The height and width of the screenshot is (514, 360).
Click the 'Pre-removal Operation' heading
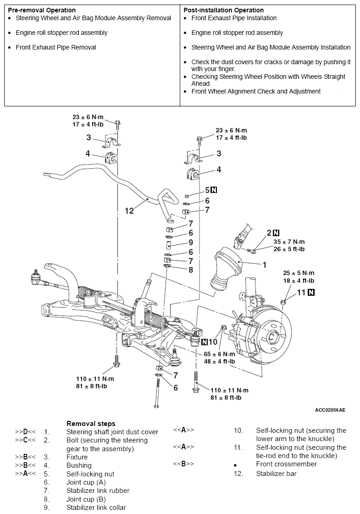(x=42, y=10)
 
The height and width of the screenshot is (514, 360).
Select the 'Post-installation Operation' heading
(x=224, y=10)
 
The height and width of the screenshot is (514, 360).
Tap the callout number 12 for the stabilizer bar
(x=129, y=210)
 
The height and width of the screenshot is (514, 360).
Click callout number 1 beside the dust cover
(x=265, y=265)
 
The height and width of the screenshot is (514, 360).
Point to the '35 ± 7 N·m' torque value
(x=289, y=242)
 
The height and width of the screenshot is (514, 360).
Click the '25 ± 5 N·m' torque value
(x=299, y=273)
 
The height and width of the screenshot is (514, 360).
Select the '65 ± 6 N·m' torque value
(x=219, y=354)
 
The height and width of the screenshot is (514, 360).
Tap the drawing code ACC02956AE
(x=330, y=410)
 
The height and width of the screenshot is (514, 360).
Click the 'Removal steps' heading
(x=91, y=424)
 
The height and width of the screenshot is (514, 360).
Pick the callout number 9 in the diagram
(x=190, y=243)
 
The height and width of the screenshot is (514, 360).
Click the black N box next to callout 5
(x=214, y=190)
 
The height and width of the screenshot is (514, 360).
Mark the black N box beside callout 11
(x=311, y=293)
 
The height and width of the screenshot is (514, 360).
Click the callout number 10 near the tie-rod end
(x=213, y=342)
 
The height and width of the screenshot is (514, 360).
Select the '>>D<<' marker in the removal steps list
(x=25, y=432)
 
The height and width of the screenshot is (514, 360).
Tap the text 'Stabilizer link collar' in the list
(x=96, y=508)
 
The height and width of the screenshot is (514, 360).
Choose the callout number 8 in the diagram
(x=191, y=270)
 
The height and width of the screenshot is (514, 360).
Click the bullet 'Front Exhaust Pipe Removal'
(x=56, y=48)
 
